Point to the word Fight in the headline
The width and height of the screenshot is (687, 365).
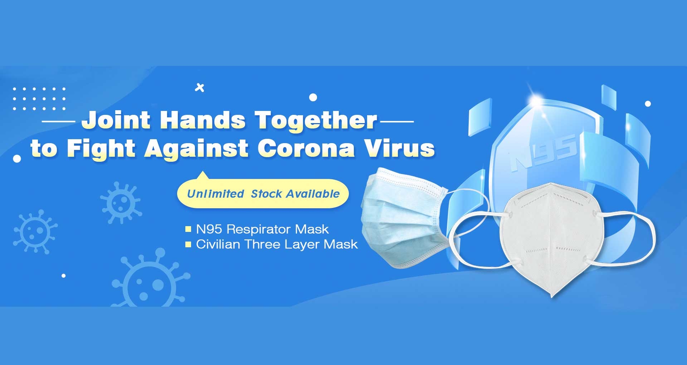pyautogui.click(x=101, y=148)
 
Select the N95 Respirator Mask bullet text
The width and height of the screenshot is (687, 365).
pyautogui.click(x=262, y=229)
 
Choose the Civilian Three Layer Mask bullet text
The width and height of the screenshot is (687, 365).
pyautogui.click(x=277, y=244)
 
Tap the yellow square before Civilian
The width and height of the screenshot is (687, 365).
pyautogui.click(x=188, y=244)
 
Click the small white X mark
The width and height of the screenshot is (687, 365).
pyautogui.click(x=200, y=88)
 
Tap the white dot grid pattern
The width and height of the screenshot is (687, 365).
pyautogui.click(x=39, y=98)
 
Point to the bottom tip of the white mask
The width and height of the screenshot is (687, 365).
pyautogui.click(x=552, y=297)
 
